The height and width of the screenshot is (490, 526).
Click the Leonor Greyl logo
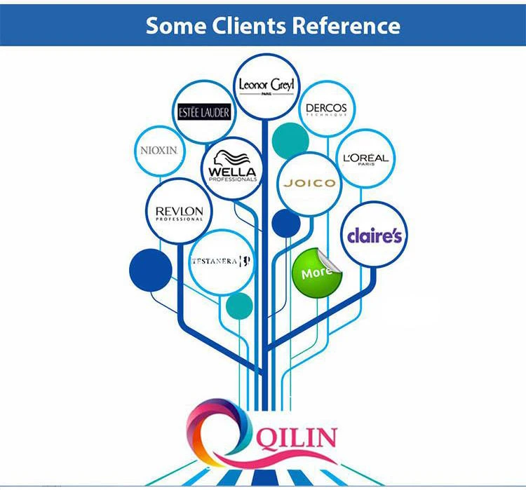[266, 86]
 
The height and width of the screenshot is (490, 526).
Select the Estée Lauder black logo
[203, 111]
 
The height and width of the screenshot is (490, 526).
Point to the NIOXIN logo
[159, 150]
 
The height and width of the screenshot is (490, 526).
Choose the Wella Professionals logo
[233, 168]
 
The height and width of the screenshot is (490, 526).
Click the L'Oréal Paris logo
[365, 158]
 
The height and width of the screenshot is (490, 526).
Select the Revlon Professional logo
[179, 212]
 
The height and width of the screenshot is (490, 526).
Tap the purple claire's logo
[375, 236]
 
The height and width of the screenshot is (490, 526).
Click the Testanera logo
[221, 261]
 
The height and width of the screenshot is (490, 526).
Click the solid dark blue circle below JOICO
[285, 223]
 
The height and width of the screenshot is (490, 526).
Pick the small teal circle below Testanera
[240, 304]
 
